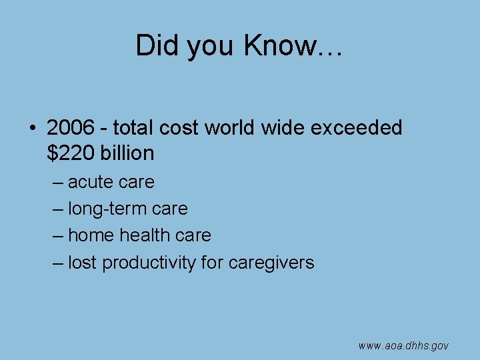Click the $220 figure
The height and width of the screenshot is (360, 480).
(71, 153)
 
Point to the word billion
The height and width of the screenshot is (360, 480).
(127, 153)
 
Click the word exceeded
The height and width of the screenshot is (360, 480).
(356, 127)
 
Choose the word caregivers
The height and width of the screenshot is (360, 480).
(271, 263)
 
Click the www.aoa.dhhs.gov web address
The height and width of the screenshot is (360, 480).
(403, 345)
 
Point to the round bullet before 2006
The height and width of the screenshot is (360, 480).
(33, 127)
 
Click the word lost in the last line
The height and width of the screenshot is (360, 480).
(82, 263)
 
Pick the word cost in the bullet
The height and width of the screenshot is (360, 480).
(178, 127)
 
